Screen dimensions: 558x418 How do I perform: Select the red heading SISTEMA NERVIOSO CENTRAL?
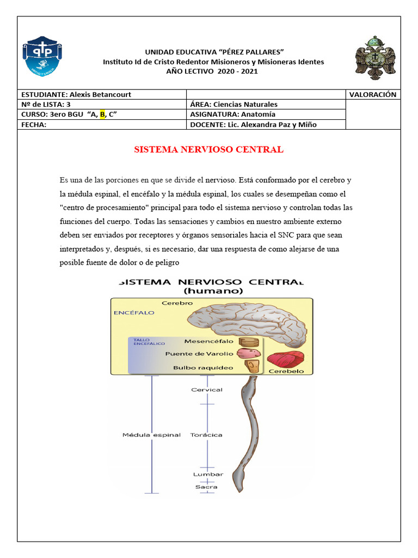208,149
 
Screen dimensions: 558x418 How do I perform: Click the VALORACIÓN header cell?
373,94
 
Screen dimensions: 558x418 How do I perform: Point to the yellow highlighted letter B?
102,114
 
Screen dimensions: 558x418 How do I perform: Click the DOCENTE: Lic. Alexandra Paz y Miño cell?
253,124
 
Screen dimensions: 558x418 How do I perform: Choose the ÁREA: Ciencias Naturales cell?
233,104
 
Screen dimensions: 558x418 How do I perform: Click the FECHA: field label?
34,124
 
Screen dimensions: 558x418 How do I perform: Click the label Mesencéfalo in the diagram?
208,342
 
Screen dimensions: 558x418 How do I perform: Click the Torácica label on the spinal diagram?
206,435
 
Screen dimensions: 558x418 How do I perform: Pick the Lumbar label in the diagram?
207,475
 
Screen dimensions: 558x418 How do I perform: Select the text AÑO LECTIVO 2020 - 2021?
213,71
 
